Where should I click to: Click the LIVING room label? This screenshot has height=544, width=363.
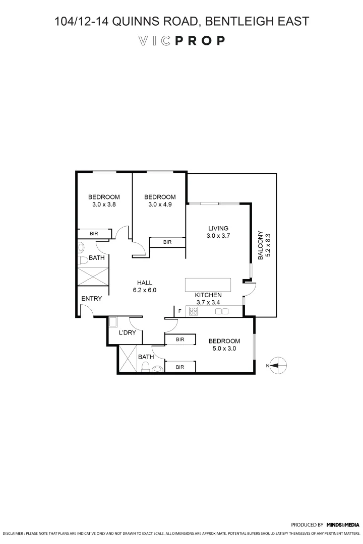[218, 228]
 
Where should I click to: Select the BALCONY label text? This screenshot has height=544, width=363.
[261, 245]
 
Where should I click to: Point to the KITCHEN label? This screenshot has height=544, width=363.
[209, 295]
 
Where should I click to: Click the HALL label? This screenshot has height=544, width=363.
[145, 283]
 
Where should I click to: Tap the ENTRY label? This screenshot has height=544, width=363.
[92, 299]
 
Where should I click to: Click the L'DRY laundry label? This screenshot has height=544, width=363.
[127, 333]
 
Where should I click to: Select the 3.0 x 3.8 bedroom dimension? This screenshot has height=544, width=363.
[104, 205]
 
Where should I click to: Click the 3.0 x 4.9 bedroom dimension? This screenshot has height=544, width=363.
[160, 205]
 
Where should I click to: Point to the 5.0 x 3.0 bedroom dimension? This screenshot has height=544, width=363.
[224, 348]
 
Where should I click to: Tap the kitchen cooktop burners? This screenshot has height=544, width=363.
[193, 312]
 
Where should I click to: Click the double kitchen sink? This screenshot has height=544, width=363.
[222, 312]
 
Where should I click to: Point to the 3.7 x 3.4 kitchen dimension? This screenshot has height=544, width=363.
[209, 302]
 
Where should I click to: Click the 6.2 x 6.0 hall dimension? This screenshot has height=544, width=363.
[145, 290]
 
